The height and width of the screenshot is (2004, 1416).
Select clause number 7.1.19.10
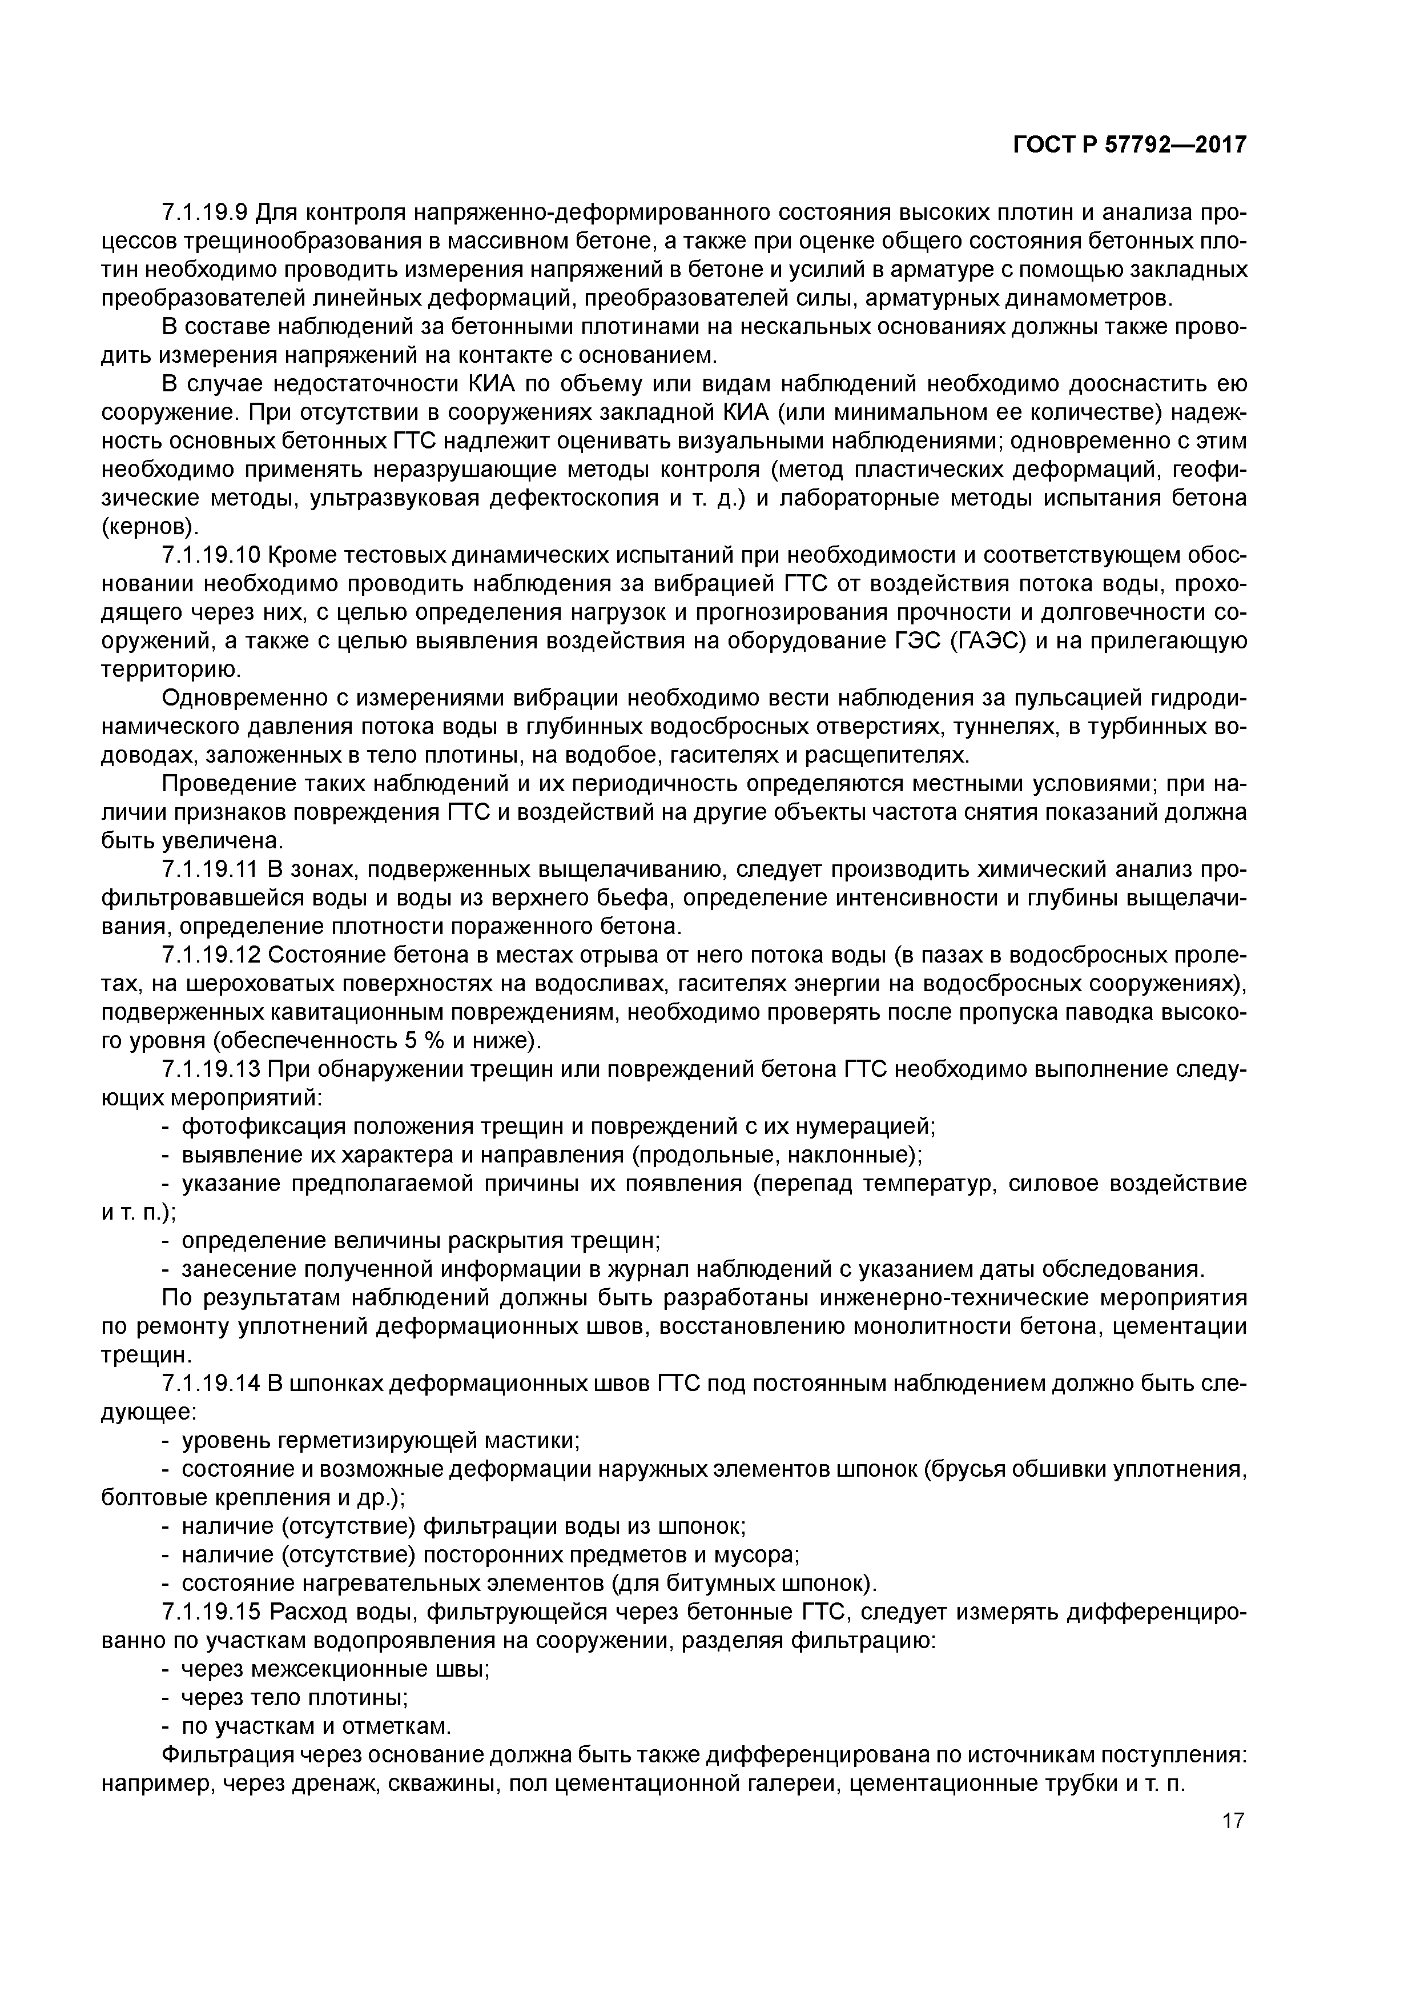(x=211, y=555)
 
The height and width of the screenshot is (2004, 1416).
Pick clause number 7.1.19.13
(x=211, y=1070)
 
